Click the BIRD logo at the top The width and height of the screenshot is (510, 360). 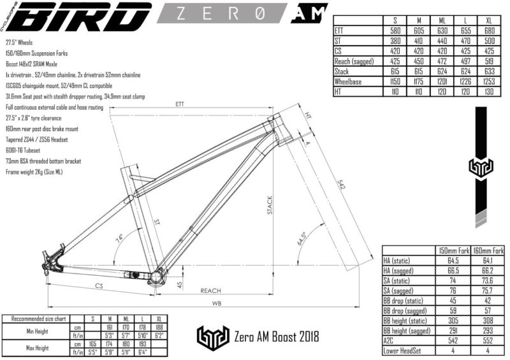(76, 17)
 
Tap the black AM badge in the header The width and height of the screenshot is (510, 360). (309, 13)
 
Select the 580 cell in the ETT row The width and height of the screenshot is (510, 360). (395, 29)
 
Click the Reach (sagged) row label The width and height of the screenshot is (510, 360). (354, 61)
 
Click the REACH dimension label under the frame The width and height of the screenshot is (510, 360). (210, 290)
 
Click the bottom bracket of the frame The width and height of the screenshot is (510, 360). (157, 278)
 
